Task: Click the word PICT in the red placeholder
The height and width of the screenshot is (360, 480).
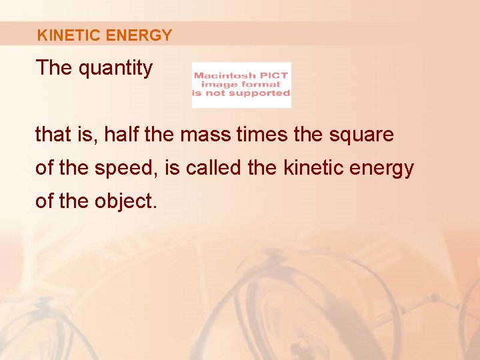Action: (275, 75)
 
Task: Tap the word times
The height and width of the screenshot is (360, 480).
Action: (266, 135)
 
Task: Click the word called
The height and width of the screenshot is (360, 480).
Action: (215, 168)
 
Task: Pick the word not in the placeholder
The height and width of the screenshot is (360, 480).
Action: (217, 93)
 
